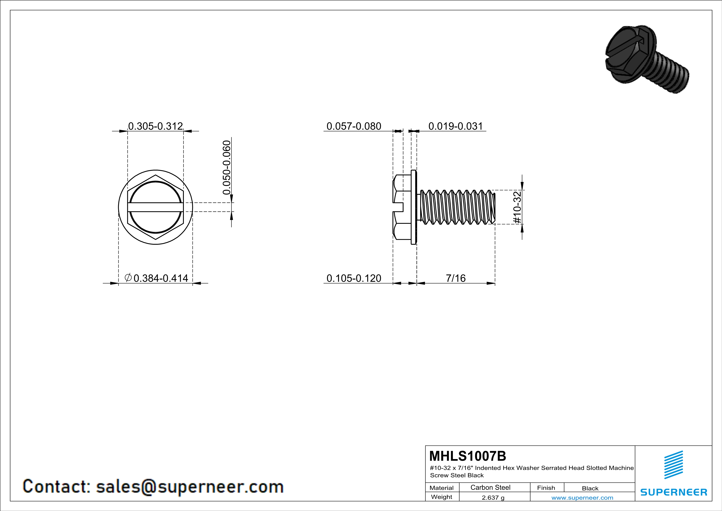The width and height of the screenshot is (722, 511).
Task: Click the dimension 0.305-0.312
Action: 155,126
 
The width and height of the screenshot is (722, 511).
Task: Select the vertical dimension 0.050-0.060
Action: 227,167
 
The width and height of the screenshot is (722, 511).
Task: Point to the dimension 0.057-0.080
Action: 354,126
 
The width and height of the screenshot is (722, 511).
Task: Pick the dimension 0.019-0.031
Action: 455,126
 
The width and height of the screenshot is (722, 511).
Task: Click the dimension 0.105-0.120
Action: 354,278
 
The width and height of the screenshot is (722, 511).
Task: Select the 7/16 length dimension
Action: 456,278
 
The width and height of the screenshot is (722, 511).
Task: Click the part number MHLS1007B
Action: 468,456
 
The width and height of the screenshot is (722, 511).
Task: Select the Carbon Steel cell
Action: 490,487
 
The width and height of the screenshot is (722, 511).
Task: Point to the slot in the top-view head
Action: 155,207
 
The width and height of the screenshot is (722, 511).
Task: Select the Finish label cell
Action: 546,488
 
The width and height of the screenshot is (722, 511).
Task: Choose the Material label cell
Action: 442,488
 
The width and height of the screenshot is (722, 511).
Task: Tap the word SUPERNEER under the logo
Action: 674,492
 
